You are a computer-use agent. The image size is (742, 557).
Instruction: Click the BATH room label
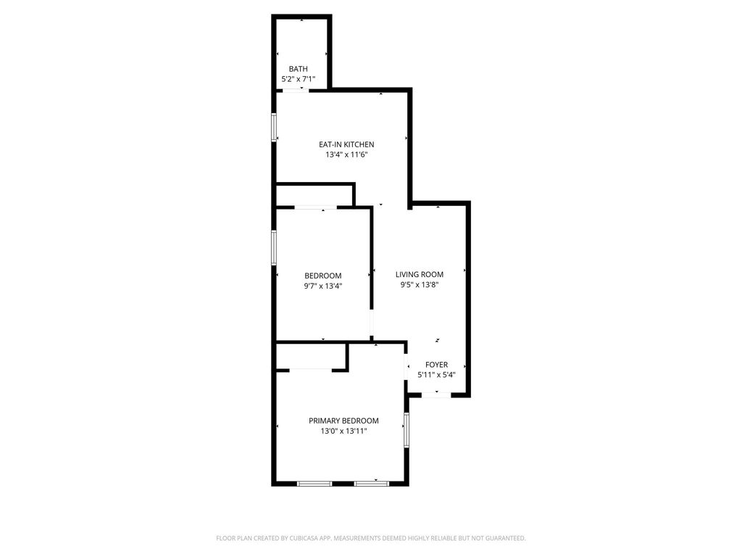tap(298, 69)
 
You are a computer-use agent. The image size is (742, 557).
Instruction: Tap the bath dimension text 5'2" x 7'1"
tap(298, 80)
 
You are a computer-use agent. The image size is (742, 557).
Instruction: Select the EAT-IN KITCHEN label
tap(346, 144)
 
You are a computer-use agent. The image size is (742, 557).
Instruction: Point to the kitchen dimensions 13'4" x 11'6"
tap(346, 155)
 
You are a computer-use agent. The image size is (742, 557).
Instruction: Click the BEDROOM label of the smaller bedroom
tap(322, 276)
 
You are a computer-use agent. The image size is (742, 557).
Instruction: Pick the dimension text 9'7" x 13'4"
tap(322, 286)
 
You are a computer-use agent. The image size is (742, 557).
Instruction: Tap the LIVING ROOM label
tap(420, 274)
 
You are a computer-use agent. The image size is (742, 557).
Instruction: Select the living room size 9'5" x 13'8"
tap(420, 284)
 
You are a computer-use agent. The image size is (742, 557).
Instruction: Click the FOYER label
tap(436, 365)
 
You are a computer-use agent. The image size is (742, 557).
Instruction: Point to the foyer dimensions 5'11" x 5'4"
tap(436, 375)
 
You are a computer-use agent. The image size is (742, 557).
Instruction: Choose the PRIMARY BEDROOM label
tap(343, 421)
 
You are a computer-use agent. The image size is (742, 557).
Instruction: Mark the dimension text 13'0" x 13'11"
tap(343, 431)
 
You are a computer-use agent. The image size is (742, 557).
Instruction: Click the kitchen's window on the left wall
tap(273, 127)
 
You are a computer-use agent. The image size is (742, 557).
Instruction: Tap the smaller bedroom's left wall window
tap(273, 247)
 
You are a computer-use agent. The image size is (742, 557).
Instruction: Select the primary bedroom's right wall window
tap(406, 429)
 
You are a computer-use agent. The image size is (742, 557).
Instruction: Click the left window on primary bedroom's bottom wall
tap(314, 484)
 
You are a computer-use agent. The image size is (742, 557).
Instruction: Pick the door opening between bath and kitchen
tap(296, 90)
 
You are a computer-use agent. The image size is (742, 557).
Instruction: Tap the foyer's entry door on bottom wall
tap(436, 395)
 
